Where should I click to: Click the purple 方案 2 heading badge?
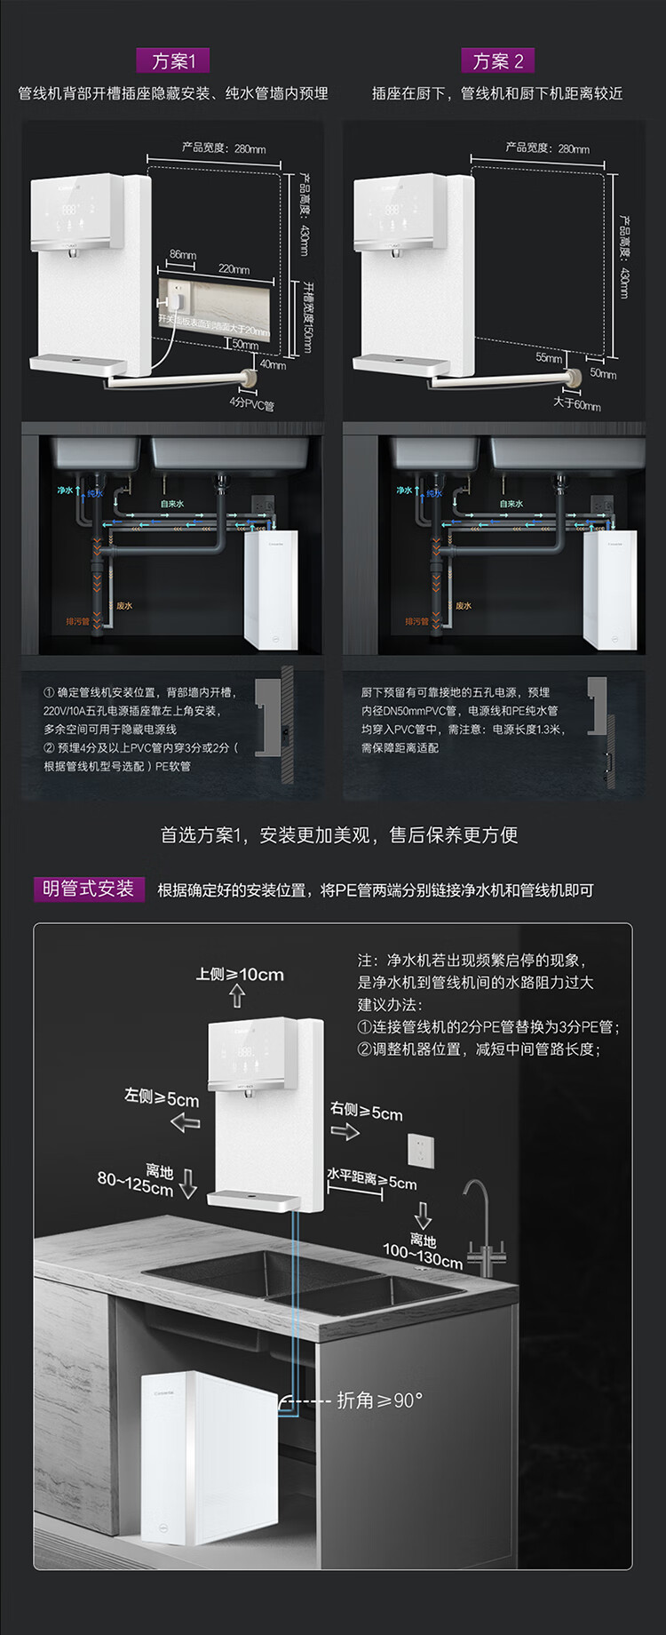pyautogui.click(x=497, y=60)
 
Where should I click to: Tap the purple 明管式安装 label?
pyautogui.click(x=88, y=889)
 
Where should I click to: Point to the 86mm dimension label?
pyautogui.click(x=182, y=255)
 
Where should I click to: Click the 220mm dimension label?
pyautogui.click(x=234, y=269)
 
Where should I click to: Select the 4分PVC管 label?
pyautogui.click(x=251, y=404)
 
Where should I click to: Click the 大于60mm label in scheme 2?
pyautogui.click(x=576, y=404)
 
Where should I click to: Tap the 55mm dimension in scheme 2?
pyautogui.click(x=549, y=357)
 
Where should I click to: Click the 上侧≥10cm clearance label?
pyautogui.click(x=240, y=974)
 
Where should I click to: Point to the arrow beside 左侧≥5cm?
pyautogui.click(x=185, y=1123)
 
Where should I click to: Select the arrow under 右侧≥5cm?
pyautogui.click(x=345, y=1131)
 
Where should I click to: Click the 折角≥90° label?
pyautogui.click(x=379, y=1401)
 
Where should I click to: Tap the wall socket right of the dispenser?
pyautogui.click(x=420, y=1151)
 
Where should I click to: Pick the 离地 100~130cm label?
pyautogui.click(x=423, y=1251)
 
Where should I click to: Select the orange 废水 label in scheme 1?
pyautogui.click(x=124, y=605)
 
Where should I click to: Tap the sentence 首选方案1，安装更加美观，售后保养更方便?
pyautogui.click(x=338, y=834)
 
